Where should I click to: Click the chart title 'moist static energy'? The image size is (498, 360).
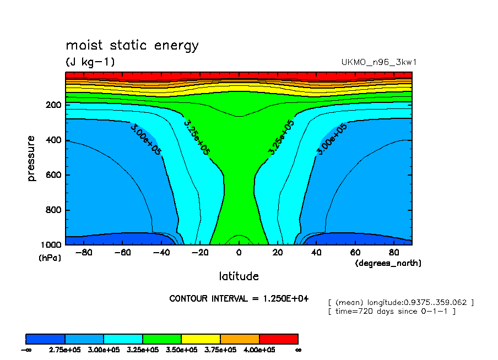click(x=132, y=45)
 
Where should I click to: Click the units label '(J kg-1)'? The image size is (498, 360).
click(x=90, y=62)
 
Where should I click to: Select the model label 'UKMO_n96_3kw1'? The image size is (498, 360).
click(x=379, y=62)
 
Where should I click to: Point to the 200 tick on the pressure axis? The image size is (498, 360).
click(x=53, y=105)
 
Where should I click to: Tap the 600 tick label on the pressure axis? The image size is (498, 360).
click(x=53, y=175)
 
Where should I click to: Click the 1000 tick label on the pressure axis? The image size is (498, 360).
click(x=51, y=244)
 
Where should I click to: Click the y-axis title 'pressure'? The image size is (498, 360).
click(x=31, y=159)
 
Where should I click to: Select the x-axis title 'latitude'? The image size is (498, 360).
click(x=239, y=276)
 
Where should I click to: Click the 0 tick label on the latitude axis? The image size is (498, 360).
click(x=239, y=253)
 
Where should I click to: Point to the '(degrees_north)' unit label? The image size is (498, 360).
click(x=388, y=263)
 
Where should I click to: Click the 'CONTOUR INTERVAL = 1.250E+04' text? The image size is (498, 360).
click(x=239, y=298)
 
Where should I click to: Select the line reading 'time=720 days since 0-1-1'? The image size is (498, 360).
click(x=392, y=312)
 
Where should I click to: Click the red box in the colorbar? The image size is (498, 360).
click(x=278, y=338)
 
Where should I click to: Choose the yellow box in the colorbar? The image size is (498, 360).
click(x=201, y=338)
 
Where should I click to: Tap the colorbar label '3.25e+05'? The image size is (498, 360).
click(x=142, y=350)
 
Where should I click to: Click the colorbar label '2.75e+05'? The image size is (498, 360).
click(x=65, y=350)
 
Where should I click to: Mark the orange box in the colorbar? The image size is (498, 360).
click(x=240, y=338)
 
